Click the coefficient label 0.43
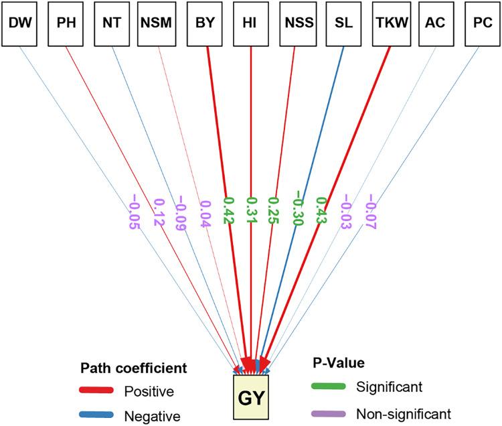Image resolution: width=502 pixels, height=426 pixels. [x=321, y=212]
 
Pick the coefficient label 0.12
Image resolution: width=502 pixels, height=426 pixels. [x=159, y=212]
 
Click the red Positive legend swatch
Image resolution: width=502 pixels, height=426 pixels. [x=97, y=390]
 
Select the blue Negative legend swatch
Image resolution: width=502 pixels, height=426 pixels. [x=97, y=415]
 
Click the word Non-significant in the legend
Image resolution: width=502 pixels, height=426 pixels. [x=404, y=413]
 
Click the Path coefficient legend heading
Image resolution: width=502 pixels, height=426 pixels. [x=133, y=368]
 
